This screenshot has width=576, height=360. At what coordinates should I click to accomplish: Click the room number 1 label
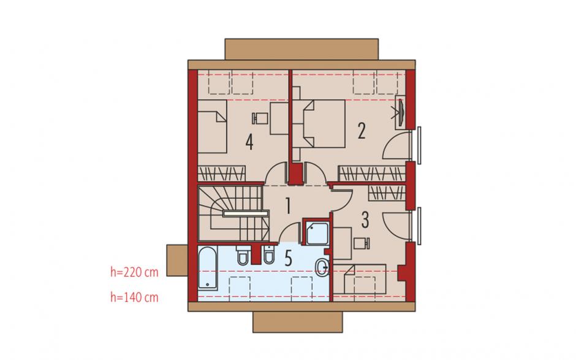pos(288,206)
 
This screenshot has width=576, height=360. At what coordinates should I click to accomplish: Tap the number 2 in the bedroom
pos(362,131)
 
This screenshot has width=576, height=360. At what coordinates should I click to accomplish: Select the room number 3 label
pos(365,220)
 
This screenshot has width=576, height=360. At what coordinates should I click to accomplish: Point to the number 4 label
pos(249,142)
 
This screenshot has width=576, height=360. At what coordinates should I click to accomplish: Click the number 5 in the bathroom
pos(289,258)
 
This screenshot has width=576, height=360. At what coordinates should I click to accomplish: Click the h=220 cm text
pos(134,272)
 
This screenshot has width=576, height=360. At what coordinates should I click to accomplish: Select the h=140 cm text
pos(134,297)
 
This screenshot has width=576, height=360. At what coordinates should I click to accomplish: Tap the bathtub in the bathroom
pos(207,268)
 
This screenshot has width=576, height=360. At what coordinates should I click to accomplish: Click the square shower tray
pos(318,233)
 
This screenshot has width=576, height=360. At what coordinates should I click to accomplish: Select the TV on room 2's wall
pos(400,112)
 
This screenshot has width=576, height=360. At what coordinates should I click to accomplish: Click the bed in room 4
pos(213,127)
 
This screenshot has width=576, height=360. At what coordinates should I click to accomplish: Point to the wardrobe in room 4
pos(221,173)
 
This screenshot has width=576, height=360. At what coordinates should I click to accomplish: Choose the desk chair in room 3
pos(362,243)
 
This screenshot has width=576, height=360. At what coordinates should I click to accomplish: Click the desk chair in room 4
pos(260,118)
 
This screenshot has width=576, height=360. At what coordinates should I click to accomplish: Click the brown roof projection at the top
pos(301,49)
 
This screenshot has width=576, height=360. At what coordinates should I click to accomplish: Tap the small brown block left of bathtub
pos(178,261)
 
